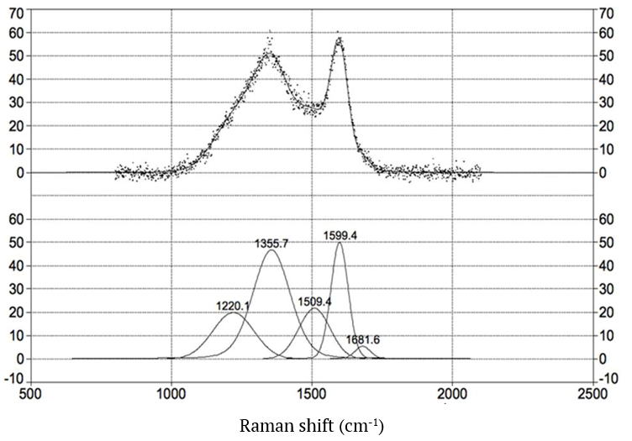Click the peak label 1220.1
pyautogui.click(x=233, y=307)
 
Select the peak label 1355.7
pyautogui.click(x=273, y=243)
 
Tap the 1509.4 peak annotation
pyautogui.click(x=315, y=300)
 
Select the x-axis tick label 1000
pyautogui.click(x=171, y=391)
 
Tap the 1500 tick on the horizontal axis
pyautogui.click(x=312, y=391)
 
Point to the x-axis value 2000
pyautogui.click(x=452, y=391)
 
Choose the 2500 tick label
pyautogui.click(x=592, y=391)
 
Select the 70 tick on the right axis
pyautogui.click(x=603, y=13)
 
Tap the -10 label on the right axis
pyautogui.click(x=606, y=377)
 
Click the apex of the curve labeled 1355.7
pyautogui.click(x=271, y=250)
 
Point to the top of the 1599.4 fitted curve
pyautogui.click(x=340, y=243)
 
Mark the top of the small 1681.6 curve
pyautogui.click(x=362, y=346)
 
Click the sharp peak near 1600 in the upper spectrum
pyautogui.click(x=339, y=38)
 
